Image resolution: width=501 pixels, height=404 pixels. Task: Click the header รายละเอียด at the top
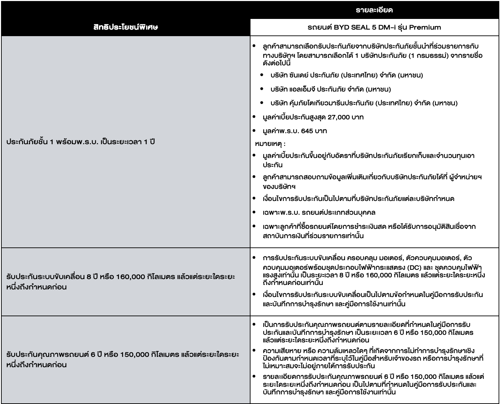(x=375, y=10)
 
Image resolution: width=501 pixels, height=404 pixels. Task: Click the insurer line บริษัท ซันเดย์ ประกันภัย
(x=346, y=75)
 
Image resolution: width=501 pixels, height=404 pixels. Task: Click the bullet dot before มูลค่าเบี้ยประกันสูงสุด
(x=255, y=117)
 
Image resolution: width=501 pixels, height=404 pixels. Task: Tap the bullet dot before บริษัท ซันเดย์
(x=263, y=75)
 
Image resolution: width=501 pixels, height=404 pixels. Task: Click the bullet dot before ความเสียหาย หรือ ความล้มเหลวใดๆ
(x=254, y=351)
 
